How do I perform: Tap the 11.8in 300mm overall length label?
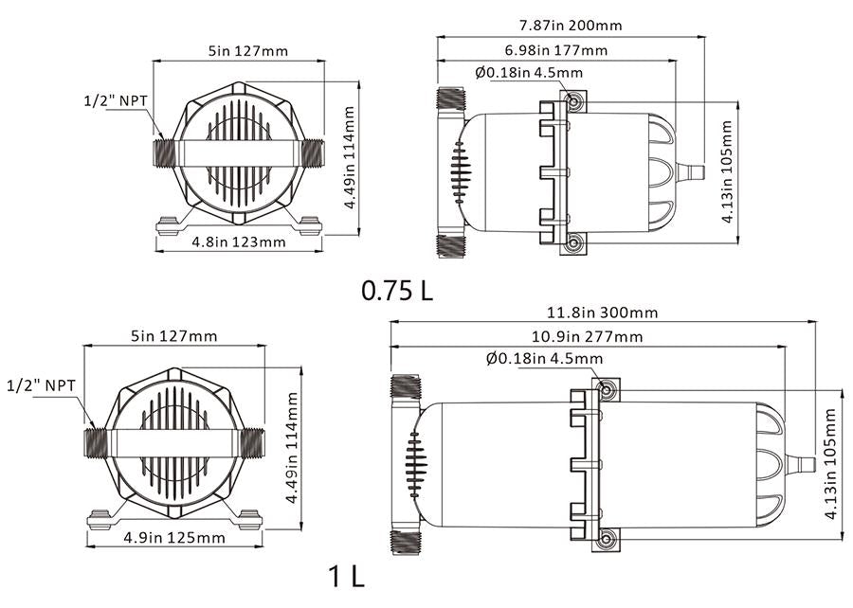(x=603, y=312)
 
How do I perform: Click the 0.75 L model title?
(x=397, y=290)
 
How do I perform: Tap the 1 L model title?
(x=347, y=576)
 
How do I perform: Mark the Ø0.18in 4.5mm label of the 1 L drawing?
(x=544, y=358)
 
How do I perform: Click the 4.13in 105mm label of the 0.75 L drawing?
(x=728, y=171)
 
